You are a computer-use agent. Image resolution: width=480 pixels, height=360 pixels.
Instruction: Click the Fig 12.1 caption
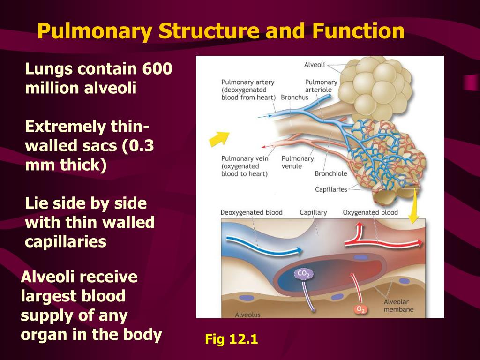coord(232,339)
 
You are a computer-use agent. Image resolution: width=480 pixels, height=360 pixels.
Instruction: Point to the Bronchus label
coord(294,97)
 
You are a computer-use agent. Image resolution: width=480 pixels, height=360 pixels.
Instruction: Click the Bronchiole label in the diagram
coord(331,173)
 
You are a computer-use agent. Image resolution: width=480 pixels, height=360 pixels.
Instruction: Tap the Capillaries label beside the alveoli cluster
coord(331,189)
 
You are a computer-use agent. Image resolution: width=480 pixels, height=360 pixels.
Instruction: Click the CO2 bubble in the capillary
coord(303,274)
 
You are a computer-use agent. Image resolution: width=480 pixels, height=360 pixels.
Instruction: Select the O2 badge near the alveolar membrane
coord(360,309)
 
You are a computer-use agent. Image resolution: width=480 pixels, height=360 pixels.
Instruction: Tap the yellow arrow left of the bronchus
coord(219,138)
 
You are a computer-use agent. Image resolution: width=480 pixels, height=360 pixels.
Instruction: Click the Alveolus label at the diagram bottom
coord(247,315)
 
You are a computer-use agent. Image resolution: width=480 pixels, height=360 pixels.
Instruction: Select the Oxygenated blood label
coord(370,212)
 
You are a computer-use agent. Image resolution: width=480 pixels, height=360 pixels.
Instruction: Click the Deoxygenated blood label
coord(251,212)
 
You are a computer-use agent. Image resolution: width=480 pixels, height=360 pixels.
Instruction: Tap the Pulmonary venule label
coord(298,162)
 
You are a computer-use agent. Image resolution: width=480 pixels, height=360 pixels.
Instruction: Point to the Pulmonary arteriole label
coord(321,86)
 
